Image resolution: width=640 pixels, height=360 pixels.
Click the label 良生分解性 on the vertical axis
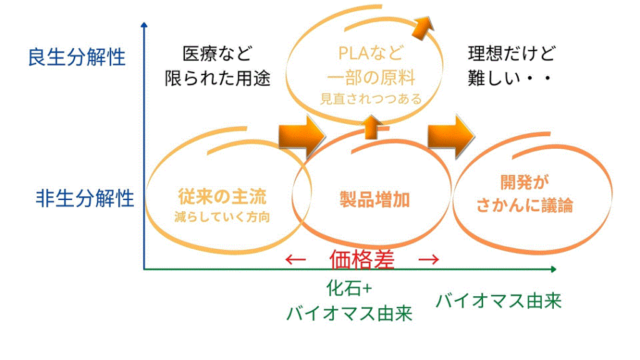tap(76, 57)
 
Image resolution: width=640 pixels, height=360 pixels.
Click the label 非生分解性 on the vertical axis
tap(85, 199)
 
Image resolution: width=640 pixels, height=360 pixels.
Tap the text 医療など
tap(217, 54)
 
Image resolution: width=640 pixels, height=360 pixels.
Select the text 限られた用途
tap(217, 78)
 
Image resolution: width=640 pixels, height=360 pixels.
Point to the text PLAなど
tap(371, 53)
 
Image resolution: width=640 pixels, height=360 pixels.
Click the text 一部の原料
tap(371, 77)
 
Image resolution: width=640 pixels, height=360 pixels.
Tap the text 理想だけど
tap(511, 54)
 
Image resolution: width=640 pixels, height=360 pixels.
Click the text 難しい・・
tap(510, 78)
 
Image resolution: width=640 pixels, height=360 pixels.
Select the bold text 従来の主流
tap(222, 197)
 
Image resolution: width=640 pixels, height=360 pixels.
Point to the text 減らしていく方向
tap(222, 217)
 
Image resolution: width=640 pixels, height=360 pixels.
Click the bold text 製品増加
tap(375, 199)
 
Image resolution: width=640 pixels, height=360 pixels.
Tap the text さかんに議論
tap(525, 205)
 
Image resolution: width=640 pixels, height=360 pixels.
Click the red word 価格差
tap(362, 259)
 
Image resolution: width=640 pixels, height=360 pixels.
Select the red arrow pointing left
tap(296, 259)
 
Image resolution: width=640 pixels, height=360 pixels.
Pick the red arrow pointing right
tap(429, 259)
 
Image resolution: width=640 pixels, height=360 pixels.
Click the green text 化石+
tap(349, 289)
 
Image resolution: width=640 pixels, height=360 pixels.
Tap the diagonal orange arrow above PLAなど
tap(422, 27)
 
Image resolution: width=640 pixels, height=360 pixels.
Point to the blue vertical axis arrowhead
tap(144, 25)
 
